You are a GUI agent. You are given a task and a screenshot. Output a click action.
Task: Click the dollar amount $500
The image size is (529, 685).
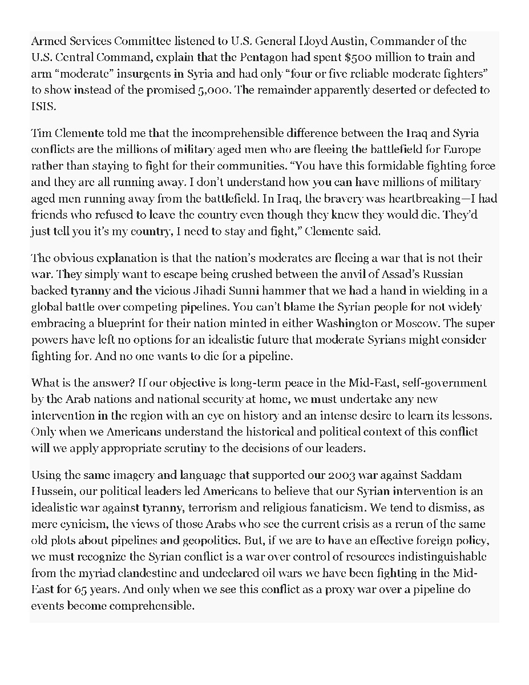point(358,58)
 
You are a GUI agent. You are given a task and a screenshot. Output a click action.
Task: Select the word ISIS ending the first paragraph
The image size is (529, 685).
point(41,106)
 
